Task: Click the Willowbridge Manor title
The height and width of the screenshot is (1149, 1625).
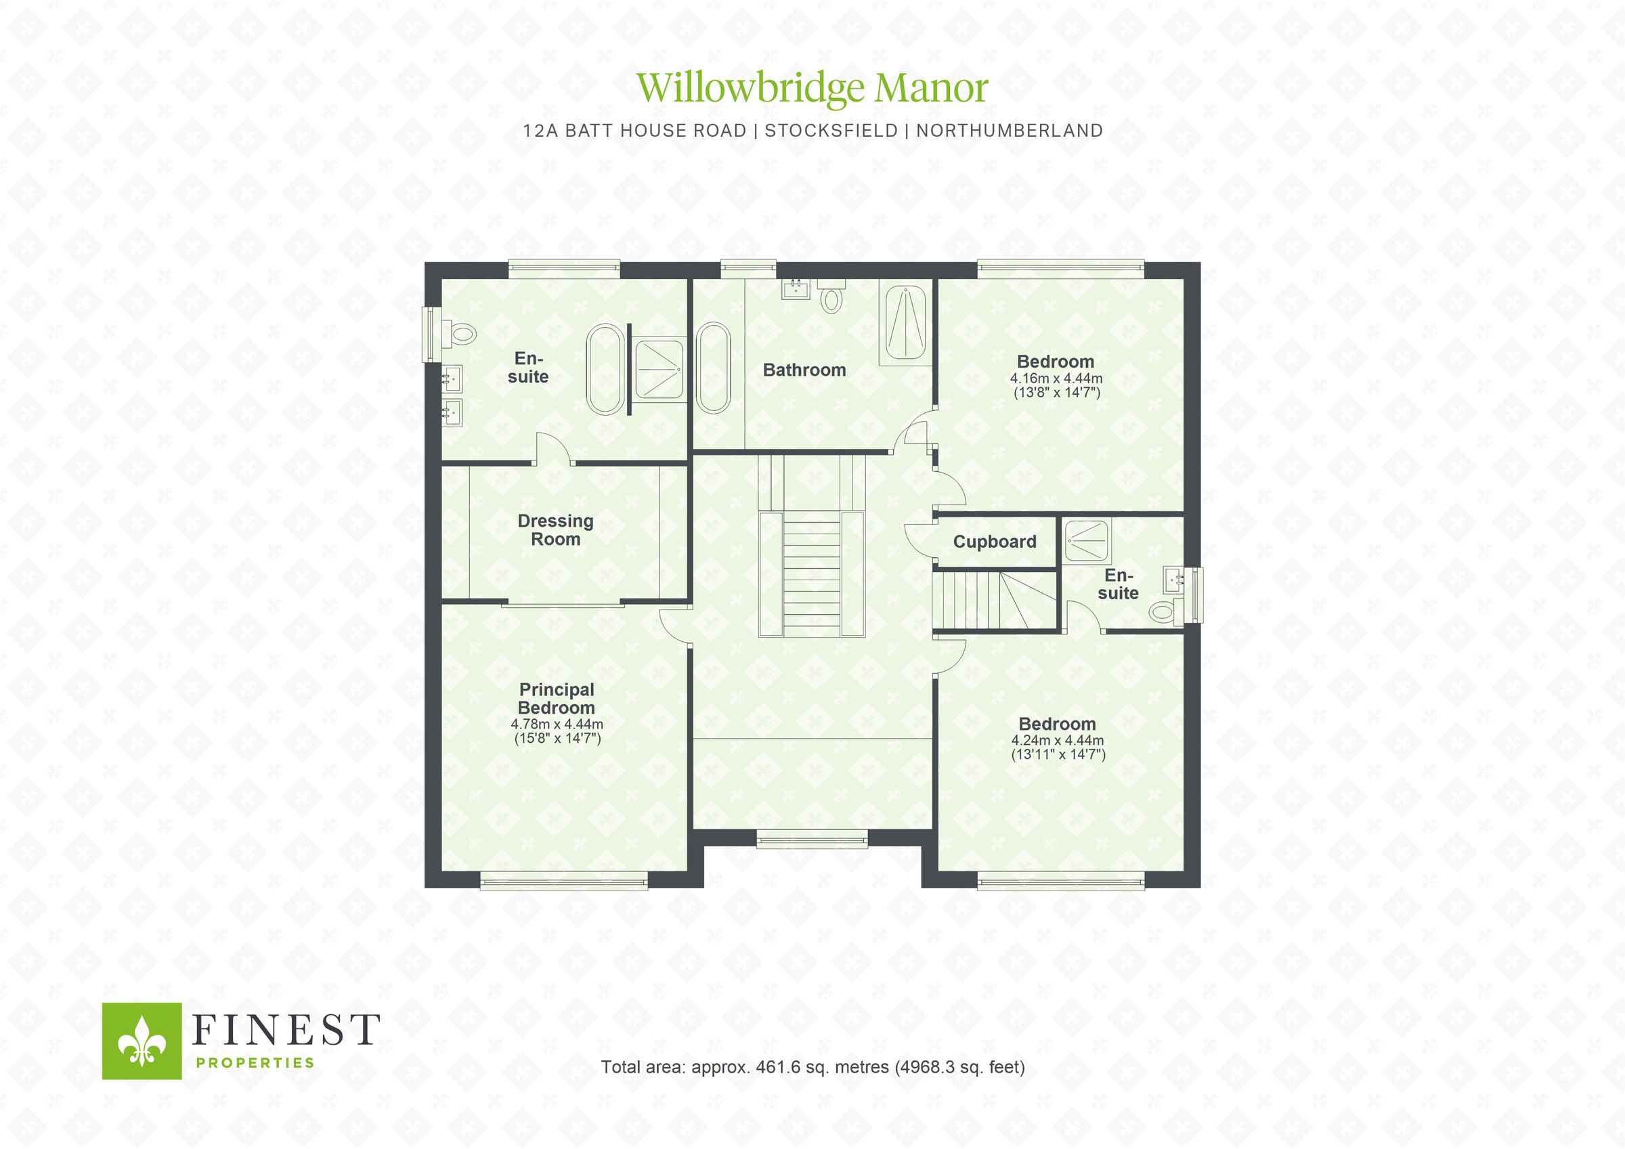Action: click(812, 89)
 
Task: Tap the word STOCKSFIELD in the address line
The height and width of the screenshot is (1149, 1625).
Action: click(831, 131)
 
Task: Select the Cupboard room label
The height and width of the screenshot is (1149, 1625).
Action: click(995, 542)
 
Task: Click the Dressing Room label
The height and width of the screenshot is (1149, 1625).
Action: click(556, 530)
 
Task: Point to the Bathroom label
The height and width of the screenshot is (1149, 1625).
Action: click(804, 370)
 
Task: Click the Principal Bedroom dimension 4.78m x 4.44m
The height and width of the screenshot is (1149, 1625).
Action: click(557, 724)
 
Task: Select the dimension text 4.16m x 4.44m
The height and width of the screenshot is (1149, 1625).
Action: click(1056, 378)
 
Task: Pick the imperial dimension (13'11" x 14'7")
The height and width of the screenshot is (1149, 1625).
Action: click(1058, 755)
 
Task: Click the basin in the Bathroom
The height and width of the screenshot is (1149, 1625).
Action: click(796, 289)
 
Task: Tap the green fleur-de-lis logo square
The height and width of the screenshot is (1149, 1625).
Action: click(142, 1041)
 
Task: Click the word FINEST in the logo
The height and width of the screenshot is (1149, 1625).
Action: click(286, 1030)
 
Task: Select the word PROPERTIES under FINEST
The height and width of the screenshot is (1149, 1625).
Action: click(255, 1062)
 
